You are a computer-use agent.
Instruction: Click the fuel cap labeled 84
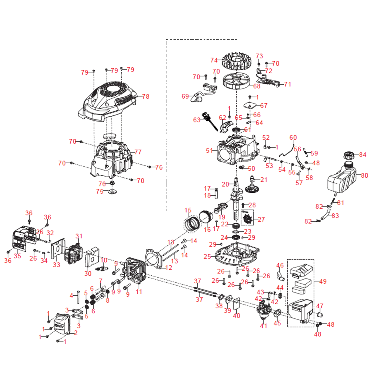click(x=350, y=155)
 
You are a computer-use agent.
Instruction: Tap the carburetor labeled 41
click(x=263, y=310)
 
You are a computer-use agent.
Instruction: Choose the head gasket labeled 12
click(x=154, y=259)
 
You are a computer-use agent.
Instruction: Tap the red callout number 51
click(x=209, y=150)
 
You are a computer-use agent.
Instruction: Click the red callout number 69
click(x=185, y=96)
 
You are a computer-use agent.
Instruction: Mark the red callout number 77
click(x=138, y=152)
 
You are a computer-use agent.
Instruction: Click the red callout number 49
click(x=323, y=282)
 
